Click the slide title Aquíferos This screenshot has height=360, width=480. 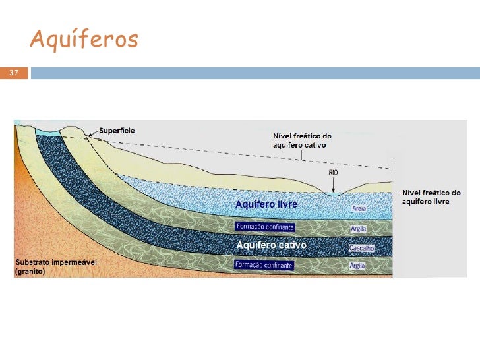[84, 40]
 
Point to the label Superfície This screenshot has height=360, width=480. [117, 131]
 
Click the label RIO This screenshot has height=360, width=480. [334, 173]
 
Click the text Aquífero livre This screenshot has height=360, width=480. [266, 205]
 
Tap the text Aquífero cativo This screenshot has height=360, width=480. [271, 245]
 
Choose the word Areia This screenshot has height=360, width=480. [359, 208]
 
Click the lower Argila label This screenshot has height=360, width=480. [358, 266]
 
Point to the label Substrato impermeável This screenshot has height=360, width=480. [56, 262]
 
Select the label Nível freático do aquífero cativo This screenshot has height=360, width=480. [303, 140]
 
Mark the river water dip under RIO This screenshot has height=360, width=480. [334, 193]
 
